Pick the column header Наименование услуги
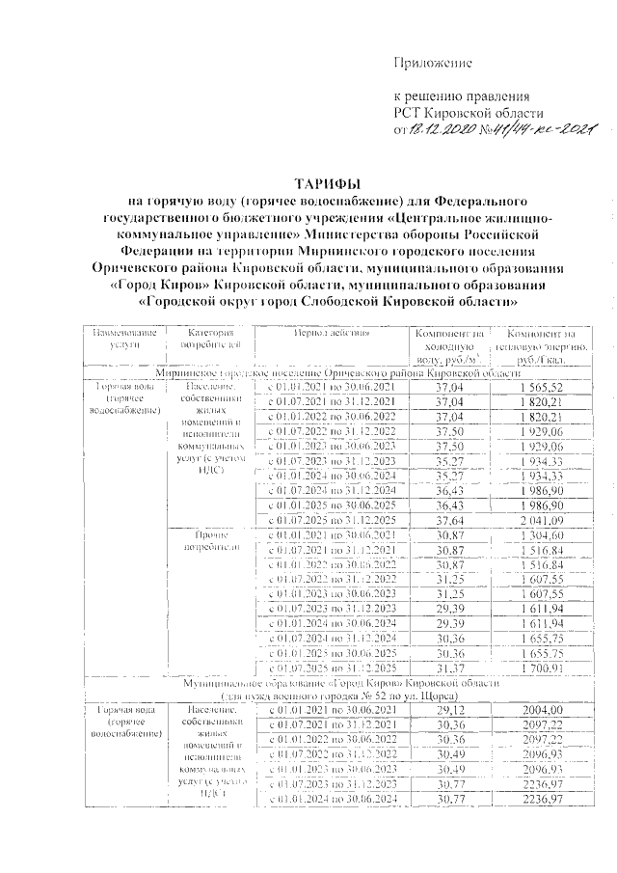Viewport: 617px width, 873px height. tap(122, 338)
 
